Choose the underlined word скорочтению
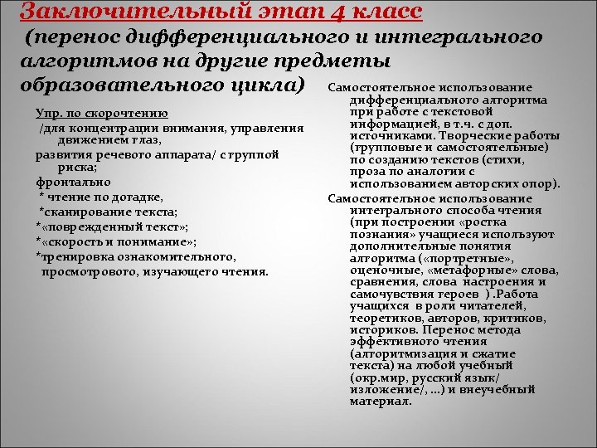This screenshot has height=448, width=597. click(132, 113)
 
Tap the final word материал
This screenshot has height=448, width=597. click(380, 402)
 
